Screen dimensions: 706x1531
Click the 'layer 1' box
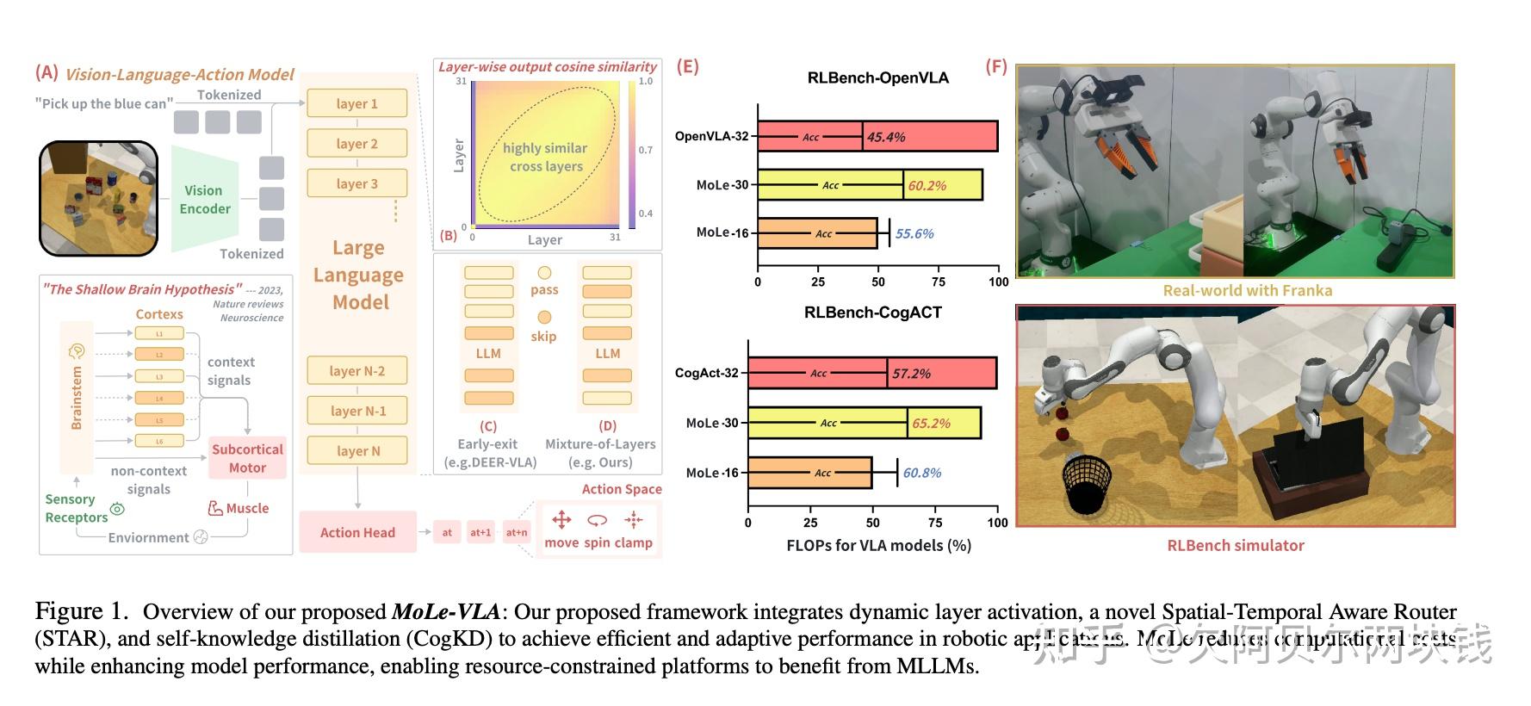point(356,104)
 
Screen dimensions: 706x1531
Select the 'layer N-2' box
point(356,371)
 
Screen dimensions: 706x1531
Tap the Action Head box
point(357,532)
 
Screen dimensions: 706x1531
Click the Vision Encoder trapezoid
point(204,200)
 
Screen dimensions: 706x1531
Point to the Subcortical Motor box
point(247,458)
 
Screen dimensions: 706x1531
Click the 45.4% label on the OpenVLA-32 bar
point(886,137)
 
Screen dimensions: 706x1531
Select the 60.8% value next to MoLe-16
point(922,473)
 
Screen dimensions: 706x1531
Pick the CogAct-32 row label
point(706,373)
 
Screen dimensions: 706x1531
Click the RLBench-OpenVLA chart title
point(877,78)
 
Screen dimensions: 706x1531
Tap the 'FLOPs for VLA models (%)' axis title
point(878,545)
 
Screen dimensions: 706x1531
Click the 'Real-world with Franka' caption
point(1247,291)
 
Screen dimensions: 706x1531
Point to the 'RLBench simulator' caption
point(1235,545)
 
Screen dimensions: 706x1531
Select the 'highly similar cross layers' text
point(546,157)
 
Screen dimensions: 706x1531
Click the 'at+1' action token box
point(480,532)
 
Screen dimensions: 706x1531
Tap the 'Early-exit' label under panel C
point(487,444)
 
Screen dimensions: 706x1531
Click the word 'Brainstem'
point(77,397)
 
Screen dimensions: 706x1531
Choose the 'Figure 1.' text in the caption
point(81,611)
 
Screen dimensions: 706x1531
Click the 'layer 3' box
point(356,184)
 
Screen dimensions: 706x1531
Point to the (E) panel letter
point(687,66)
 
